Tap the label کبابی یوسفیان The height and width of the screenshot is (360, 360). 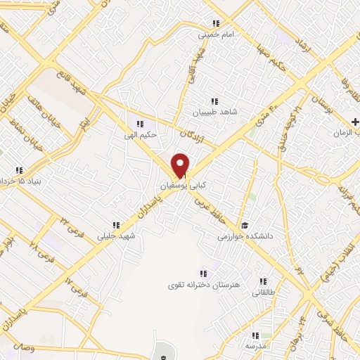coord(174,186)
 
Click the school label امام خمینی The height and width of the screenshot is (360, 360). coord(214,33)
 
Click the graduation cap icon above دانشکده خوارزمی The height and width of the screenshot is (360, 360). coord(244,226)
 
